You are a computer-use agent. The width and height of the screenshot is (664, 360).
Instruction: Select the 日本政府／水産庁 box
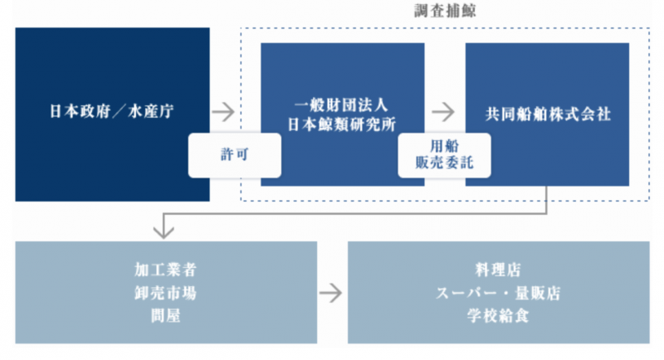click(x=112, y=114)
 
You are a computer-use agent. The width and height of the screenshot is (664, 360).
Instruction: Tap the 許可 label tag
click(x=233, y=155)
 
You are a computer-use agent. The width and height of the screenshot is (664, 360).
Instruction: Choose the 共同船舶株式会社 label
click(x=548, y=114)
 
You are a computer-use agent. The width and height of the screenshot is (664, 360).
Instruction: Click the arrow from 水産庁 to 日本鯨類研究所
click(x=222, y=110)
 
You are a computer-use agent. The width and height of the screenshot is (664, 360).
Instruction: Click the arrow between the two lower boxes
click(x=331, y=292)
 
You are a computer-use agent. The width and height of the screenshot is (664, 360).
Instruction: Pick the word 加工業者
click(x=166, y=271)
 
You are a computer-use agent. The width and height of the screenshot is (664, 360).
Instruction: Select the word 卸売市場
click(x=166, y=292)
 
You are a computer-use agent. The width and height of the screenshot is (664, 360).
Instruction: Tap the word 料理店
click(x=499, y=271)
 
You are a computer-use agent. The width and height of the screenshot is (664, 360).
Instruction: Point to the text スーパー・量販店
click(x=499, y=292)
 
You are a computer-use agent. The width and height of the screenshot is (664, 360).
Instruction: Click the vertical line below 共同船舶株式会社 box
click(x=547, y=200)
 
